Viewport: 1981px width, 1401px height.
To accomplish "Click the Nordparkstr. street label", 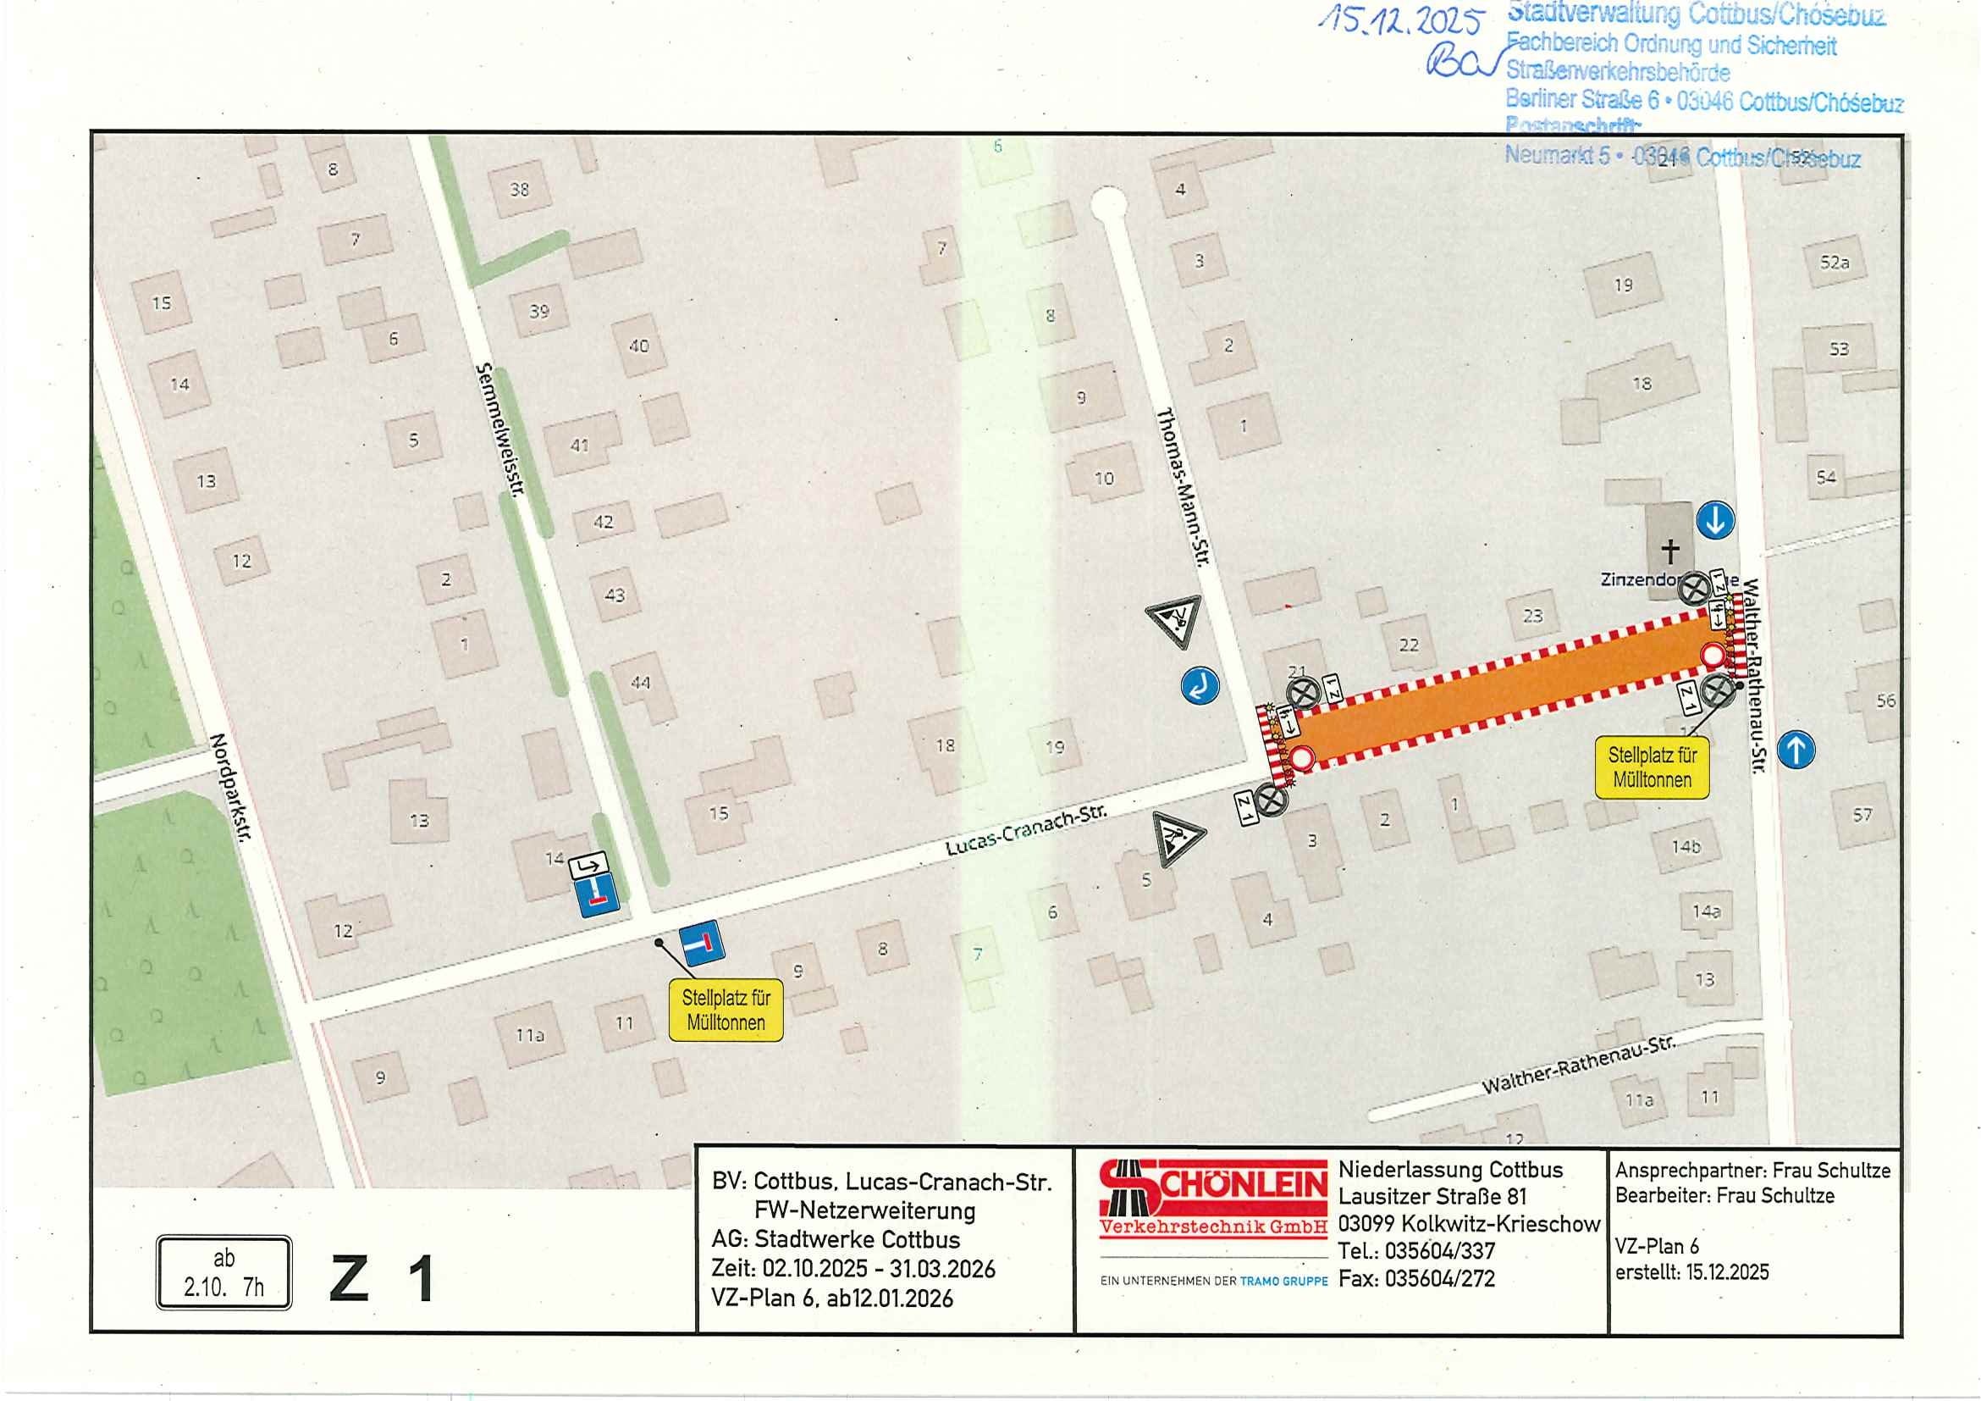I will (229, 789).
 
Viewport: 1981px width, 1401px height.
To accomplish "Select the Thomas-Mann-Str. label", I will (1184, 487).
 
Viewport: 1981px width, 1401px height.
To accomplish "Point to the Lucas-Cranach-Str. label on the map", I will (1026, 831).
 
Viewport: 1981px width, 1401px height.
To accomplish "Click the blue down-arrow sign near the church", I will (1715, 522).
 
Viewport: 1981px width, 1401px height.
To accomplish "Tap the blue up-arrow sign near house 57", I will (1796, 750).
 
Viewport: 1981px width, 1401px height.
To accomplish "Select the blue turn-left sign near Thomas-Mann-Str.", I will (1200, 684).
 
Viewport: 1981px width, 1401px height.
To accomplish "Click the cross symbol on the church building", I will (1670, 550).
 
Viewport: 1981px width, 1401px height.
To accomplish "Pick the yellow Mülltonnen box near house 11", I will (726, 1010).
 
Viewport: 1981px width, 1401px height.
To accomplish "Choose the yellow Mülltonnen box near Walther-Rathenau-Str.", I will (1652, 767).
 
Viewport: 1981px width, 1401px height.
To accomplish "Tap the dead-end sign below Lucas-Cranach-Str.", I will (702, 944).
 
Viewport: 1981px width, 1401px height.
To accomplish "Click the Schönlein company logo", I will (1213, 1199).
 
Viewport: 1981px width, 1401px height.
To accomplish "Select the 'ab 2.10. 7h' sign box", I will (223, 1272).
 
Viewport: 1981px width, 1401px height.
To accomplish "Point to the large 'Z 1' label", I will (382, 1279).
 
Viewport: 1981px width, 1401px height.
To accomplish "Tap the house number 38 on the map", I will (519, 189).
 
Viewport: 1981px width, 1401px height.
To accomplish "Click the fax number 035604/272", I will (1439, 1278).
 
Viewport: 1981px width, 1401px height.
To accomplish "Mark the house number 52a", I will (1835, 263).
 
